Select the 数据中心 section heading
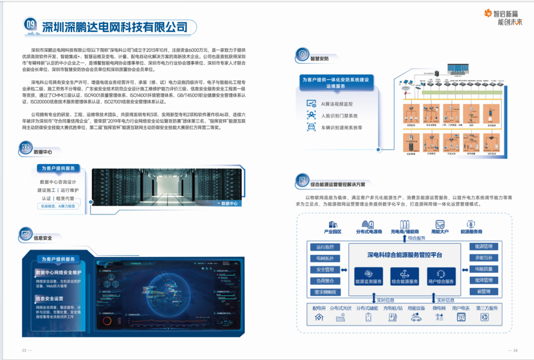(43, 152)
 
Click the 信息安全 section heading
(43, 238)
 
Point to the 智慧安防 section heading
(319, 58)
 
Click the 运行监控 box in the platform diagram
(325, 247)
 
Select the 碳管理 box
(484, 292)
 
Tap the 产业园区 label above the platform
(333, 231)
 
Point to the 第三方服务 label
(487, 308)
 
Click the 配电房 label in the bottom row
(319, 308)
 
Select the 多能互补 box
(484, 258)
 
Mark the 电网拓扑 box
(325, 258)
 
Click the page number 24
(515, 350)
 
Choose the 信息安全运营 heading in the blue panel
(49, 299)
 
